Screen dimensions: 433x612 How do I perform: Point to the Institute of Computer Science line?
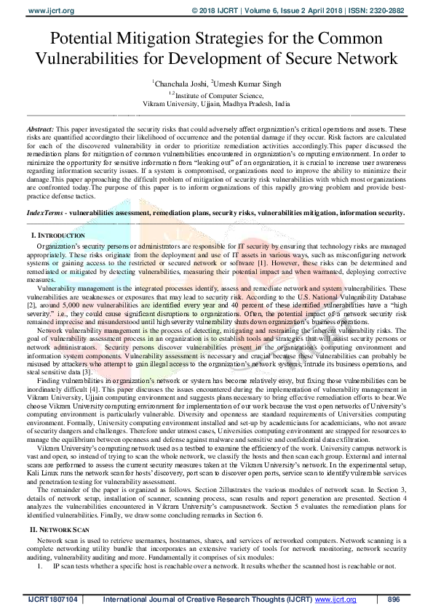pyautogui.click(x=216, y=94)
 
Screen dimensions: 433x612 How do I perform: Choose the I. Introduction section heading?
pyautogui.click(x=58, y=236)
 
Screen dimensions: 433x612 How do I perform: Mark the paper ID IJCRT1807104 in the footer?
pyautogui.click(x=52, y=599)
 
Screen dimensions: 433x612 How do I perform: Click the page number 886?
pyautogui.click(x=394, y=599)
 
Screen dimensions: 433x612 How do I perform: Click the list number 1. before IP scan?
pyautogui.click(x=40, y=565)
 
